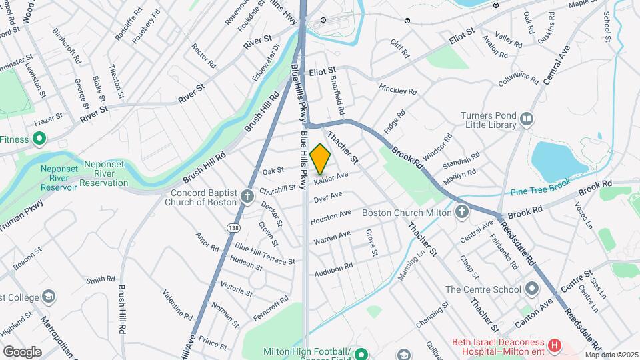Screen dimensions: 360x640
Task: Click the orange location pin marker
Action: pos(321,158)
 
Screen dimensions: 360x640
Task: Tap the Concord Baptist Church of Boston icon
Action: pos(247,196)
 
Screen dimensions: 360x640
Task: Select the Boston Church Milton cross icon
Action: pos(461,213)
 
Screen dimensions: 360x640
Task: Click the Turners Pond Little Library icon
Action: pos(527,119)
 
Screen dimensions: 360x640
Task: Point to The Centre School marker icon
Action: pos(531,289)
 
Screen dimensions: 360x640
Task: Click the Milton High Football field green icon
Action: pos(361,353)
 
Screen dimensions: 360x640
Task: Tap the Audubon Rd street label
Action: pos(333,269)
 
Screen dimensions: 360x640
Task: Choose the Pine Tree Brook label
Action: pos(541,191)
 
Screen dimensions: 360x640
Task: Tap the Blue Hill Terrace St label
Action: pos(265,254)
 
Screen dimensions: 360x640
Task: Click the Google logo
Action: pos(22,351)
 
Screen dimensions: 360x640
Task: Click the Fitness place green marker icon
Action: pos(39,139)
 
